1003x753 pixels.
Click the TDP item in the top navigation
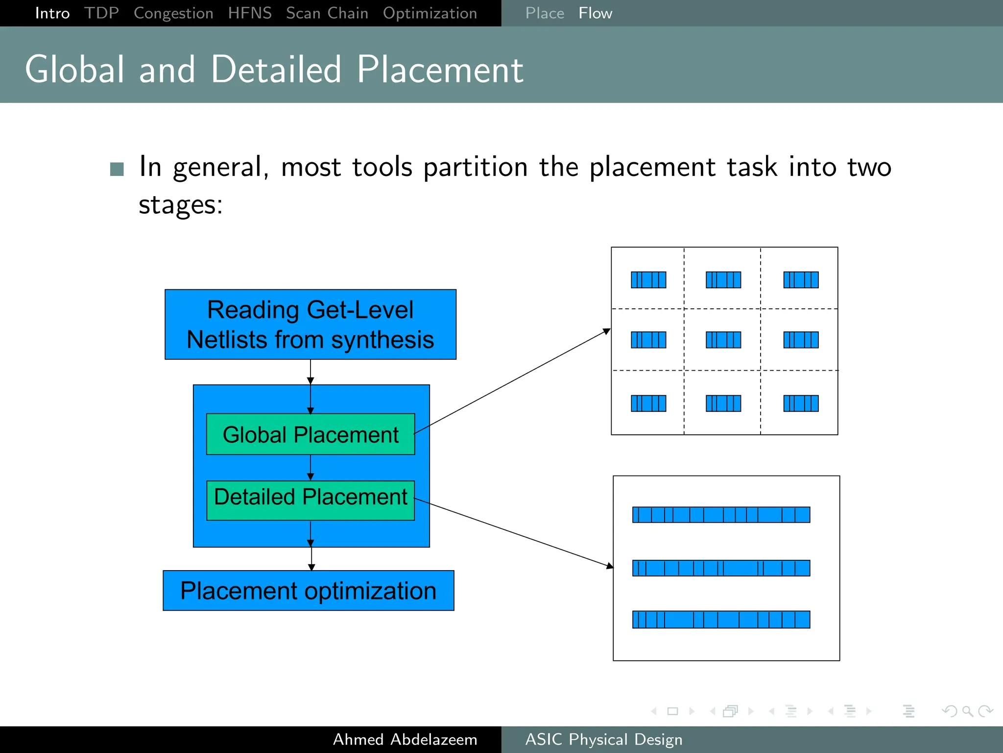(x=101, y=13)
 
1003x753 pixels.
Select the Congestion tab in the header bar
(x=173, y=13)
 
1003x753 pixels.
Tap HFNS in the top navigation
(x=250, y=13)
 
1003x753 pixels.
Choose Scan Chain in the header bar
(x=327, y=13)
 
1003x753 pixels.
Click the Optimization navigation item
(x=430, y=13)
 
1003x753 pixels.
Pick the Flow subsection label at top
(x=595, y=13)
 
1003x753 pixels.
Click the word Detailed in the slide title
(x=276, y=70)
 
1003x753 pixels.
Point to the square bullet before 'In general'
(x=117, y=169)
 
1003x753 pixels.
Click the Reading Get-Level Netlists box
(x=310, y=325)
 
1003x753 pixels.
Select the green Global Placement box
(x=310, y=434)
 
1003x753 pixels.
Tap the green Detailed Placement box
(x=310, y=500)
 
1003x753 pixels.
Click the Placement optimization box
(x=308, y=590)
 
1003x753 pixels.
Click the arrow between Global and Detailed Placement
(x=310, y=468)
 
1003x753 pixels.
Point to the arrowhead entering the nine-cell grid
(x=607, y=332)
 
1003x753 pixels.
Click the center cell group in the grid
(x=723, y=340)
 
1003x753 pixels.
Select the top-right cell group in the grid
(x=801, y=280)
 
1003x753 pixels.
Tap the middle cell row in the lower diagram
(x=721, y=568)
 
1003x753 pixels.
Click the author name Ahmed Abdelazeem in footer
(x=405, y=739)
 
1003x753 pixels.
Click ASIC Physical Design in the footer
(x=603, y=739)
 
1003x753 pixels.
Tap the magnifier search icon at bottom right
(x=967, y=711)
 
